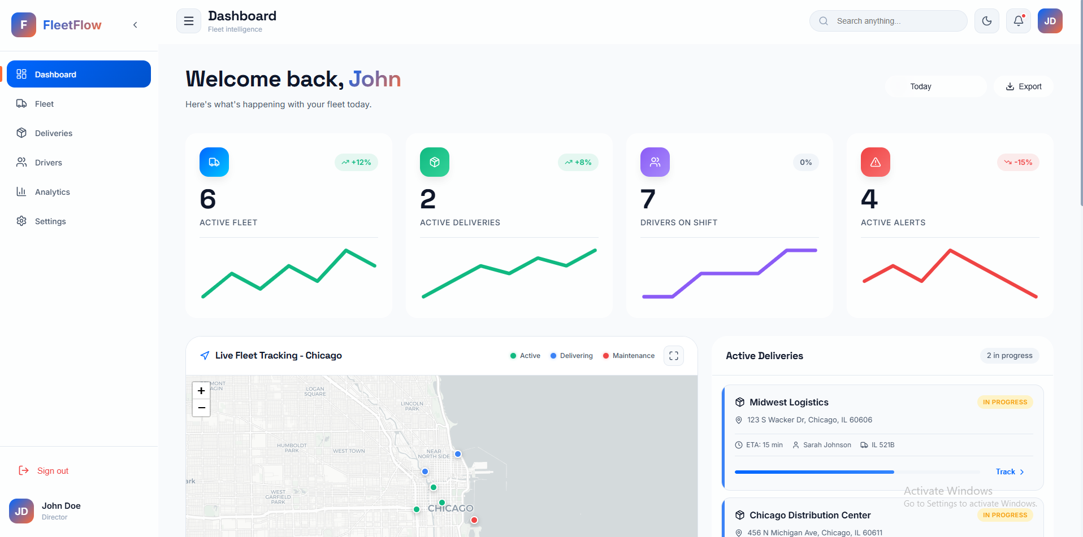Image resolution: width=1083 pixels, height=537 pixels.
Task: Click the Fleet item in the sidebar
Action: point(44,104)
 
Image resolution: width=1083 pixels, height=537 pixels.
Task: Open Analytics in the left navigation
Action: point(52,192)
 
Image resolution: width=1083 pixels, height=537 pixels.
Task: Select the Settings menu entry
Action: point(50,221)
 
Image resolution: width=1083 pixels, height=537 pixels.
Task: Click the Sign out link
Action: point(53,471)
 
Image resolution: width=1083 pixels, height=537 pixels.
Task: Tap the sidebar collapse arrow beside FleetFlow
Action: point(135,25)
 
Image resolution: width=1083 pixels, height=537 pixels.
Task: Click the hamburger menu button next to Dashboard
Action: point(189,21)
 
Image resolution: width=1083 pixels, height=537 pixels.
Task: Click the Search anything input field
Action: point(893,21)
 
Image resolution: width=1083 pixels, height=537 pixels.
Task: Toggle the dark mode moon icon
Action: point(987,21)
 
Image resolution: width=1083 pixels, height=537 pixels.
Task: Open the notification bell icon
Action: point(1019,21)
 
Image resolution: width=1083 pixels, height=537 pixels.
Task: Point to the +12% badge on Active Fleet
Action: point(356,162)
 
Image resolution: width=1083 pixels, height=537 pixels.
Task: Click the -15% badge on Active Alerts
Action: point(1018,162)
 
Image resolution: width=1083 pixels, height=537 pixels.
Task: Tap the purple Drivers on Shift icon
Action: point(655,162)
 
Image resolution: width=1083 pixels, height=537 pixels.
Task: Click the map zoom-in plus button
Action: point(201,391)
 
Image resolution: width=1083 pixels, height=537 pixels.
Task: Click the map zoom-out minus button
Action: point(201,408)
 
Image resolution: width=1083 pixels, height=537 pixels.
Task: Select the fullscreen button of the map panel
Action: point(674,356)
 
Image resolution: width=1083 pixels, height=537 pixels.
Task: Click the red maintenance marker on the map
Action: point(474,520)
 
